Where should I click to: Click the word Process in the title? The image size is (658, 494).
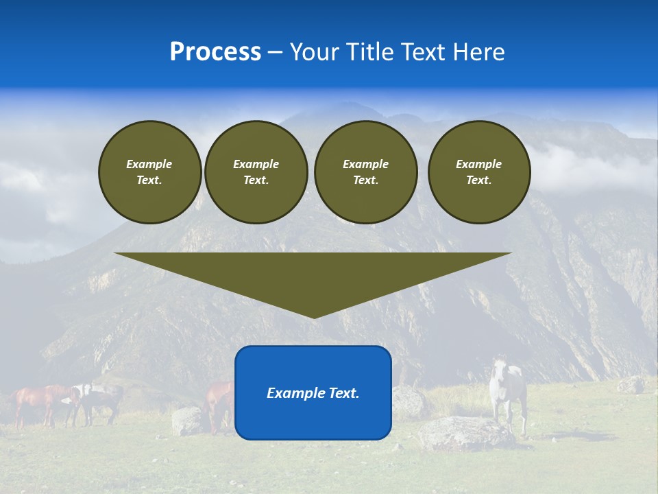[x=215, y=52]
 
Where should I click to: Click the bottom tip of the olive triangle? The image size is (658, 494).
[x=313, y=316]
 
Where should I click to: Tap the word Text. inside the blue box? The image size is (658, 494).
[x=344, y=393]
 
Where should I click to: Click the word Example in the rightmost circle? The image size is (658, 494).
[x=478, y=164]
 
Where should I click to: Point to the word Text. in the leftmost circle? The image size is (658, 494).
[x=149, y=180]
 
